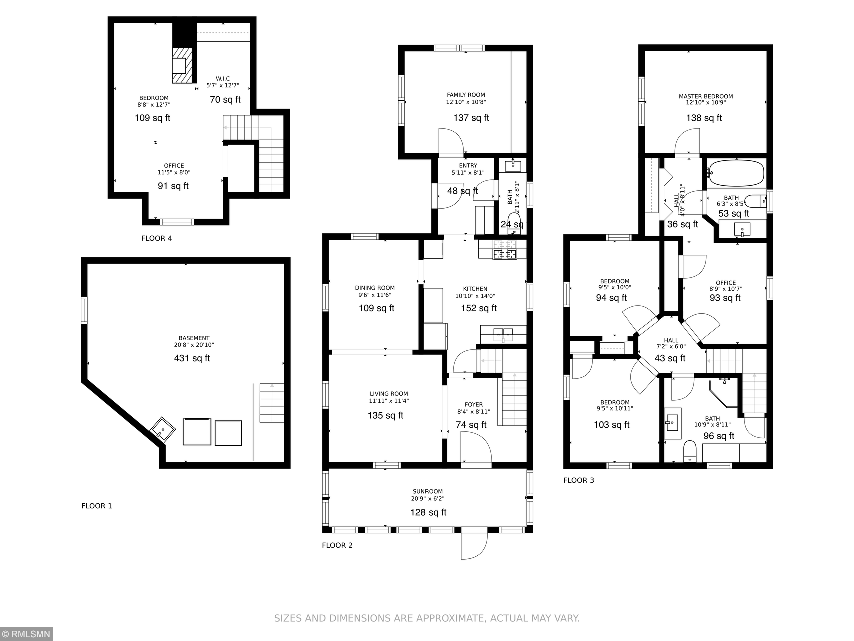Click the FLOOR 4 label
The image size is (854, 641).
156,238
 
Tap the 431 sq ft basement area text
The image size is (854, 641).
192,358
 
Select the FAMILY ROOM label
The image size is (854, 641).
466,95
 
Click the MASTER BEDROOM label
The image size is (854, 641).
706,96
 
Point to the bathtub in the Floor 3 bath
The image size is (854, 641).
735,173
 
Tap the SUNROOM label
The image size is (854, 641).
428,492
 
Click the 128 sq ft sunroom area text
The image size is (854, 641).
428,512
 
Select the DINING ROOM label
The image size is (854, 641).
375,288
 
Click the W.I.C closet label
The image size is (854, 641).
223,79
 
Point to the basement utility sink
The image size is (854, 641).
163,429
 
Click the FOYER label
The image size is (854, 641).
474,405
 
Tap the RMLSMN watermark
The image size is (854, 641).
26,634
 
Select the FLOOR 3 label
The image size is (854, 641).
579,480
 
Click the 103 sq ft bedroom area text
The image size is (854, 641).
611,425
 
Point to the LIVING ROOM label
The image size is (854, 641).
389,394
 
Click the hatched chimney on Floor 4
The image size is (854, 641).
182,65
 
